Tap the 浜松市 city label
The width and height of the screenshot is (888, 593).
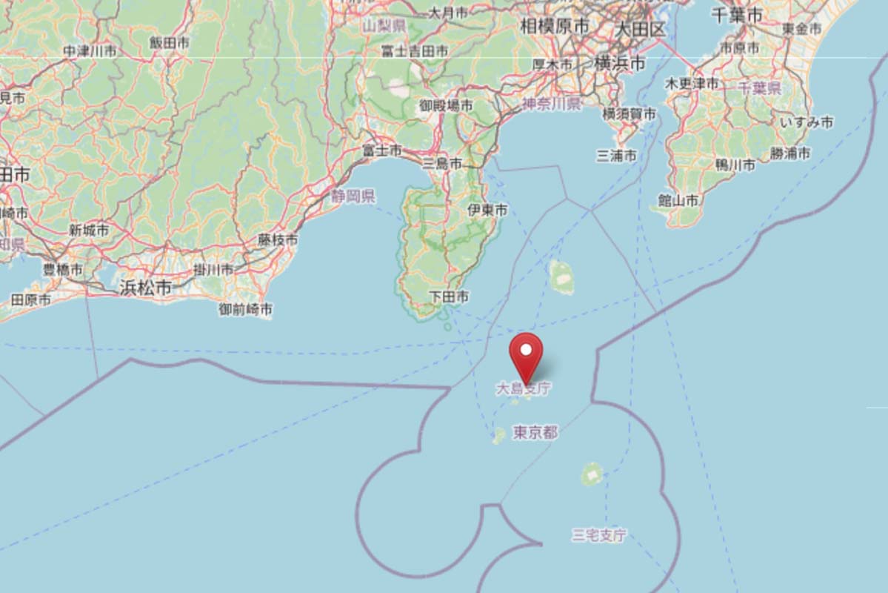(145, 288)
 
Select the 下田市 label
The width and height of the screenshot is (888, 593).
(450, 296)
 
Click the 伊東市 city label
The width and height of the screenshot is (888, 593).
(488, 211)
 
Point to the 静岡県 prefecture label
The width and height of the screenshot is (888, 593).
(353, 196)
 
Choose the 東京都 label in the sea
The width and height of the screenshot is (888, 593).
(535, 432)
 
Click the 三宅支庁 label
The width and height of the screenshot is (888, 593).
(599, 534)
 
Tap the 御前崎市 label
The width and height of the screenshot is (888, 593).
(245, 308)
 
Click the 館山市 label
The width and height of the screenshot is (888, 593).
(678, 200)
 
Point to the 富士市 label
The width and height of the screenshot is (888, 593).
(382, 150)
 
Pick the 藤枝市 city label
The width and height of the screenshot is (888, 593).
(278, 240)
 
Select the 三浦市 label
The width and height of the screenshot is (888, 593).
(616, 156)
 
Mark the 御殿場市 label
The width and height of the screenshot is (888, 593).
(446, 106)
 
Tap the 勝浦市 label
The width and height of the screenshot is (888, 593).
(789, 153)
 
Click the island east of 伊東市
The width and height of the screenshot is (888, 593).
(562, 276)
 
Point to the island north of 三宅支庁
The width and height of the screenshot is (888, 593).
(592, 474)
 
